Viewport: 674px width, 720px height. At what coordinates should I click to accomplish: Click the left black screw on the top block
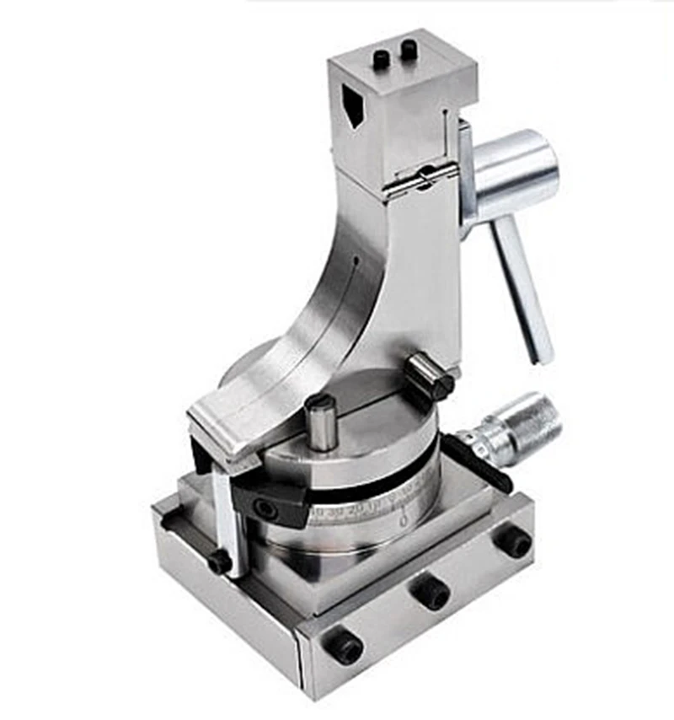pyautogui.click(x=382, y=60)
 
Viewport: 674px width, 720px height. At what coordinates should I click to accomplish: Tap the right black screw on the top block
pyautogui.click(x=409, y=50)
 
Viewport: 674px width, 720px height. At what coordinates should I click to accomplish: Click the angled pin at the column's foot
pyautogui.click(x=429, y=377)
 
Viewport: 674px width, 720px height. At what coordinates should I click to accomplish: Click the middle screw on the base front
pyautogui.click(x=431, y=594)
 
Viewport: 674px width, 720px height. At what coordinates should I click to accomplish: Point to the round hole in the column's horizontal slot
pyautogui.click(x=426, y=177)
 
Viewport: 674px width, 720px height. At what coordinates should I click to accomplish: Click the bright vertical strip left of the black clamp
pyautogui.click(x=223, y=514)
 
